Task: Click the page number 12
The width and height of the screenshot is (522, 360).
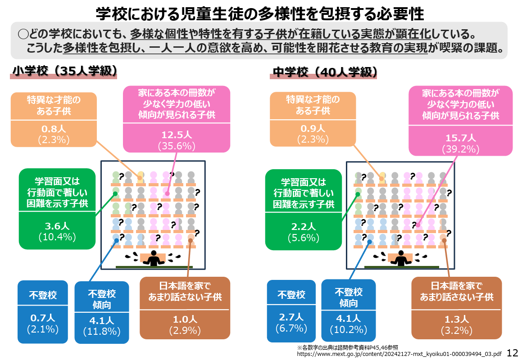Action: tap(513, 353)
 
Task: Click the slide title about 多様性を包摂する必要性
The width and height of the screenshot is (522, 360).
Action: tap(260, 14)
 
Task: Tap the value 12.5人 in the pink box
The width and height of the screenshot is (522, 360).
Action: tap(177, 135)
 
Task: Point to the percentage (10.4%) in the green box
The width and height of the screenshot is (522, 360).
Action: tap(57, 236)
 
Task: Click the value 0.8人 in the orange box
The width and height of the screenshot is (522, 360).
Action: tap(54, 128)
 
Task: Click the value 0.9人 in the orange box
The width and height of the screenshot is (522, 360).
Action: tap(313, 128)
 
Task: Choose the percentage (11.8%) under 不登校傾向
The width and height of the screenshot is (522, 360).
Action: tap(101, 332)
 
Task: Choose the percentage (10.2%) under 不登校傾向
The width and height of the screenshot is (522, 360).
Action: tap(348, 329)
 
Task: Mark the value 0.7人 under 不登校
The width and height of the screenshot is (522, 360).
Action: tap(43, 318)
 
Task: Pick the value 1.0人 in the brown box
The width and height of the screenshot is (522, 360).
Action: tap(185, 319)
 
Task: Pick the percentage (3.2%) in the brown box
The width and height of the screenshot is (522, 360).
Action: tap(457, 331)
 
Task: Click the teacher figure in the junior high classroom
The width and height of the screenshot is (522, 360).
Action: tap(401, 258)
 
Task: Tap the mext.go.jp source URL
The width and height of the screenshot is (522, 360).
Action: tap(399, 354)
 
